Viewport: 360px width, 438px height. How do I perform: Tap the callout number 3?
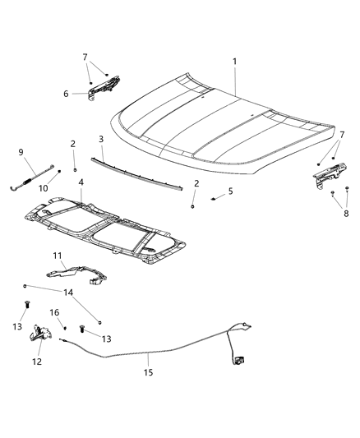tap(101, 139)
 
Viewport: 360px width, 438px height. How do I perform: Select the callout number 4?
tap(81, 182)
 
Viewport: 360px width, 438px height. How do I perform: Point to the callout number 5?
tap(231, 191)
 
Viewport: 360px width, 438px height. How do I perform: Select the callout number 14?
tap(68, 292)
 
